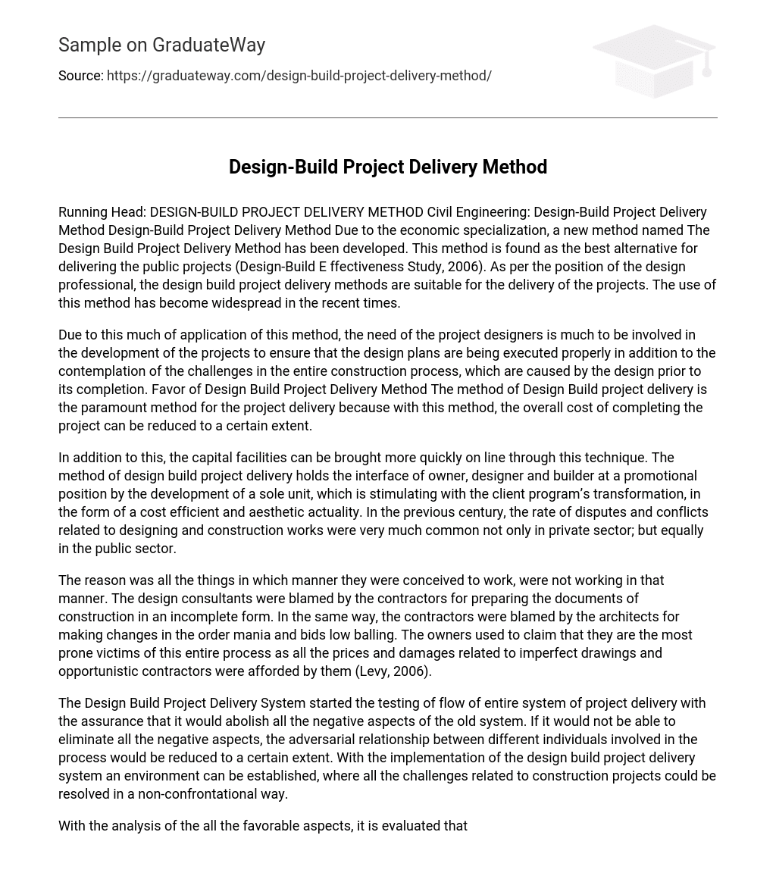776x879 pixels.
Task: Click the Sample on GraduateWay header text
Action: tap(161, 45)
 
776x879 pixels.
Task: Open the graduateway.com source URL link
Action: tap(299, 76)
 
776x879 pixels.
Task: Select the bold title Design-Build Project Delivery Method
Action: tap(387, 167)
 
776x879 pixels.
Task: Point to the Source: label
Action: tap(80, 76)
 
